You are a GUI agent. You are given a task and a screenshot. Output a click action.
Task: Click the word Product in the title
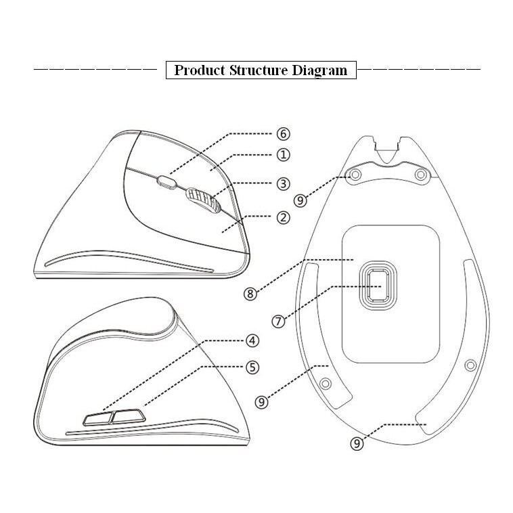199,70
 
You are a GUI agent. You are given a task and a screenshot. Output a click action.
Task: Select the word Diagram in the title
319,70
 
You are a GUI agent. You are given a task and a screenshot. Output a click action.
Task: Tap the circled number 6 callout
284,133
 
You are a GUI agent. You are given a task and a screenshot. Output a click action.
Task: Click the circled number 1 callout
284,155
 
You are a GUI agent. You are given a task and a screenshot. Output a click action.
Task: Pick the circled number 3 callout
284,183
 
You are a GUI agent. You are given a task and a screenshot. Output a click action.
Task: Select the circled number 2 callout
284,217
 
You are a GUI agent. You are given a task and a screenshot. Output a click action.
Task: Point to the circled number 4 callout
252,340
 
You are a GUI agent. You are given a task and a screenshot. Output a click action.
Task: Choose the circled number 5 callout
252,367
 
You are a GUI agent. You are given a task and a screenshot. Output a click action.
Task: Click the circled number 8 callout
250,294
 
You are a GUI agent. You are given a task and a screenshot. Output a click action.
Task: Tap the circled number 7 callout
278,321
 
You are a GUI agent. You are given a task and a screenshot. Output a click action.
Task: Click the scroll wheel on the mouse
203,200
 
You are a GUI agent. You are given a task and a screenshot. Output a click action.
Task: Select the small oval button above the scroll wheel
167,182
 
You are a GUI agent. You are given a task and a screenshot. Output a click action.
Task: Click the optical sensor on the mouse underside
378,286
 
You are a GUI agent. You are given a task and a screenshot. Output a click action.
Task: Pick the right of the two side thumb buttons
129,416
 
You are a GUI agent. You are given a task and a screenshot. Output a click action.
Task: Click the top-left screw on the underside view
355,175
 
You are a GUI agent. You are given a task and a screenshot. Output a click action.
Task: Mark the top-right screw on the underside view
421,175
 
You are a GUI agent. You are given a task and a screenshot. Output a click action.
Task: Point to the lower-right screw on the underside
470,365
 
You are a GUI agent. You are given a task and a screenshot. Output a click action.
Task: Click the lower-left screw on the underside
326,384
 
